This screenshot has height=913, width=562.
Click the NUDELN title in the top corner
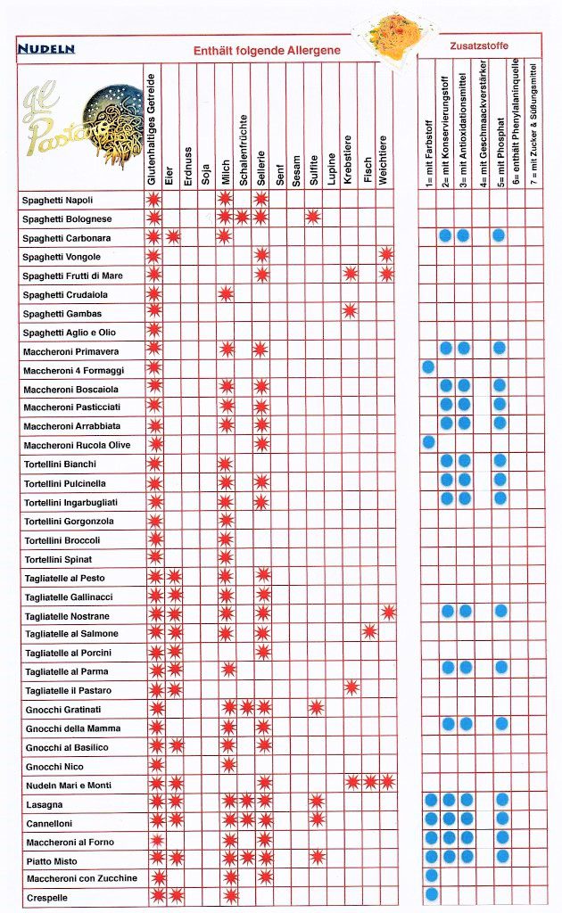[45, 49]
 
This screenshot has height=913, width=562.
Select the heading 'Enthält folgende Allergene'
[267, 52]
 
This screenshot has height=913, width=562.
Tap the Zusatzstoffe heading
[478, 44]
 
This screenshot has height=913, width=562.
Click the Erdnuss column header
[187, 165]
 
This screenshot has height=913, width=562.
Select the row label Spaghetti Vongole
[68, 257]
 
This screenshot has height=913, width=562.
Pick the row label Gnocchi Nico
[54, 766]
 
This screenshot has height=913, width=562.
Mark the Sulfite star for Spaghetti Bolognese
[313, 218]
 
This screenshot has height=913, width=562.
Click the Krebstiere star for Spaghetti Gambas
[350, 311]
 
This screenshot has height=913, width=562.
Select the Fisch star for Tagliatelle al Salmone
[368, 632]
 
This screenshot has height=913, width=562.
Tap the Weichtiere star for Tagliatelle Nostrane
[388, 613]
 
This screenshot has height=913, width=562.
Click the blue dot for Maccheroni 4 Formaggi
[428, 366]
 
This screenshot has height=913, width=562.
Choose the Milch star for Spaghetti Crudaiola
[226, 293]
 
